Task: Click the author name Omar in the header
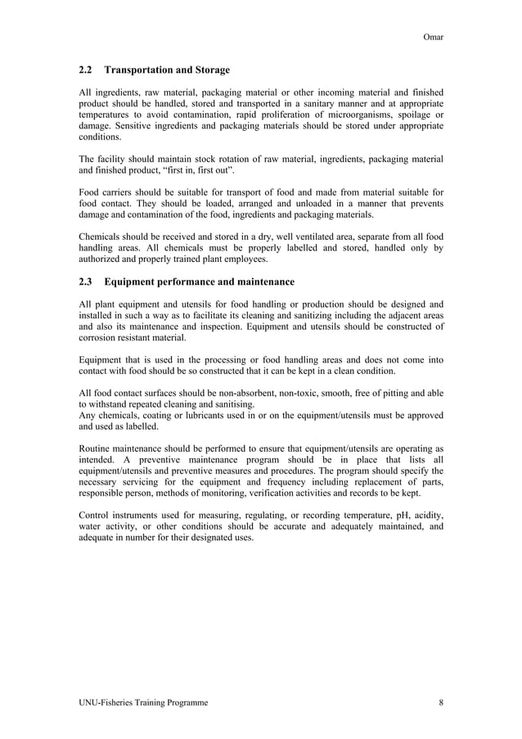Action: point(432,37)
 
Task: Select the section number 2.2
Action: point(85,70)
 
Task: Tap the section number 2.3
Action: point(85,282)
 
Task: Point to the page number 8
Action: point(441,703)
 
